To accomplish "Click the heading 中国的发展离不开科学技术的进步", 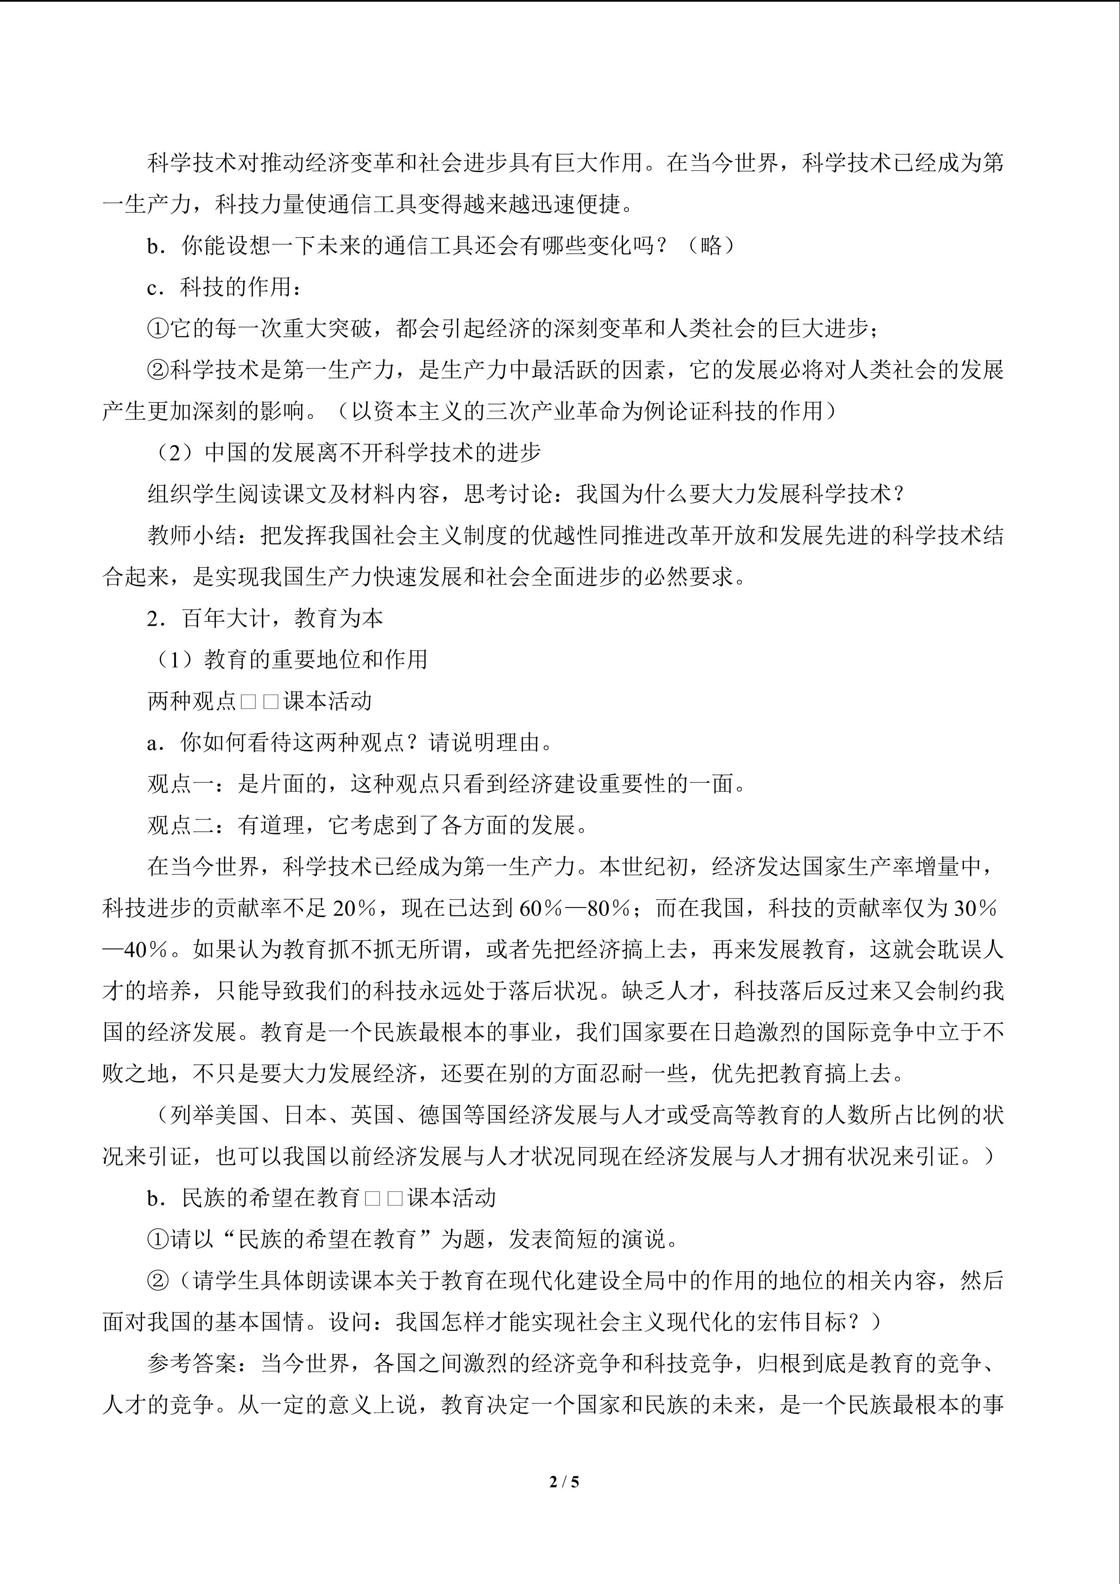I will coord(373,453).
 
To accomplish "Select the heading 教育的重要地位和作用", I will coord(315,660).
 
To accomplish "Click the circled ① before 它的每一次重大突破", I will coord(158,328).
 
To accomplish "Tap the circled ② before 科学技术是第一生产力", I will coord(158,370).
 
